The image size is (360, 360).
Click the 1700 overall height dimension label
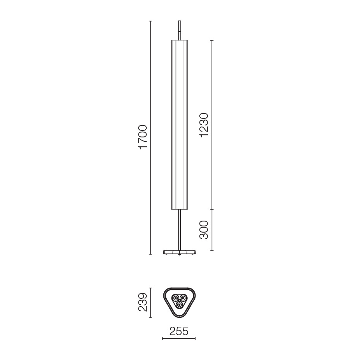pyautogui.click(x=143, y=137)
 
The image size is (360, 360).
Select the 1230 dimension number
pyautogui.click(x=204, y=125)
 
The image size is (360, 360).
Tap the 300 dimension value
pyautogui.click(x=204, y=230)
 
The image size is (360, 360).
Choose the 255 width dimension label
pyautogui.click(x=178, y=331)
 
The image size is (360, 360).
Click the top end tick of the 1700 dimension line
pyautogui.click(x=151, y=21)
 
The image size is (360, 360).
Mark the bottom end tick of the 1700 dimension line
pyautogui.click(x=151, y=254)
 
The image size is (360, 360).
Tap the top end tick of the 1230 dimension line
pyautogui.click(x=212, y=40)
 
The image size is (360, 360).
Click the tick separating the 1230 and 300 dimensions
pyautogui.click(x=212, y=209)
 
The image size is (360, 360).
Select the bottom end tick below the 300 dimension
pyautogui.click(x=212, y=250)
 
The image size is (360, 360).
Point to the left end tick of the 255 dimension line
pyautogui.click(x=163, y=339)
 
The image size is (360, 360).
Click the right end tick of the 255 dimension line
pyautogui.click(x=195, y=339)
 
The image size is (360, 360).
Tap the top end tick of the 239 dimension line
pyautogui.click(x=151, y=288)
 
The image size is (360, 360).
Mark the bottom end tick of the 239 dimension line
pyautogui.click(x=151, y=317)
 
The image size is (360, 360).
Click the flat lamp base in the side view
pyautogui.click(x=180, y=252)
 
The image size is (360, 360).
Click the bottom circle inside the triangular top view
pyautogui.click(x=179, y=305)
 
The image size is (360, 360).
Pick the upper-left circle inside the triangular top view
pyautogui.click(x=176, y=299)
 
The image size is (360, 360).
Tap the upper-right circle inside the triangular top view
pyautogui.click(x=183, y=299)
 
